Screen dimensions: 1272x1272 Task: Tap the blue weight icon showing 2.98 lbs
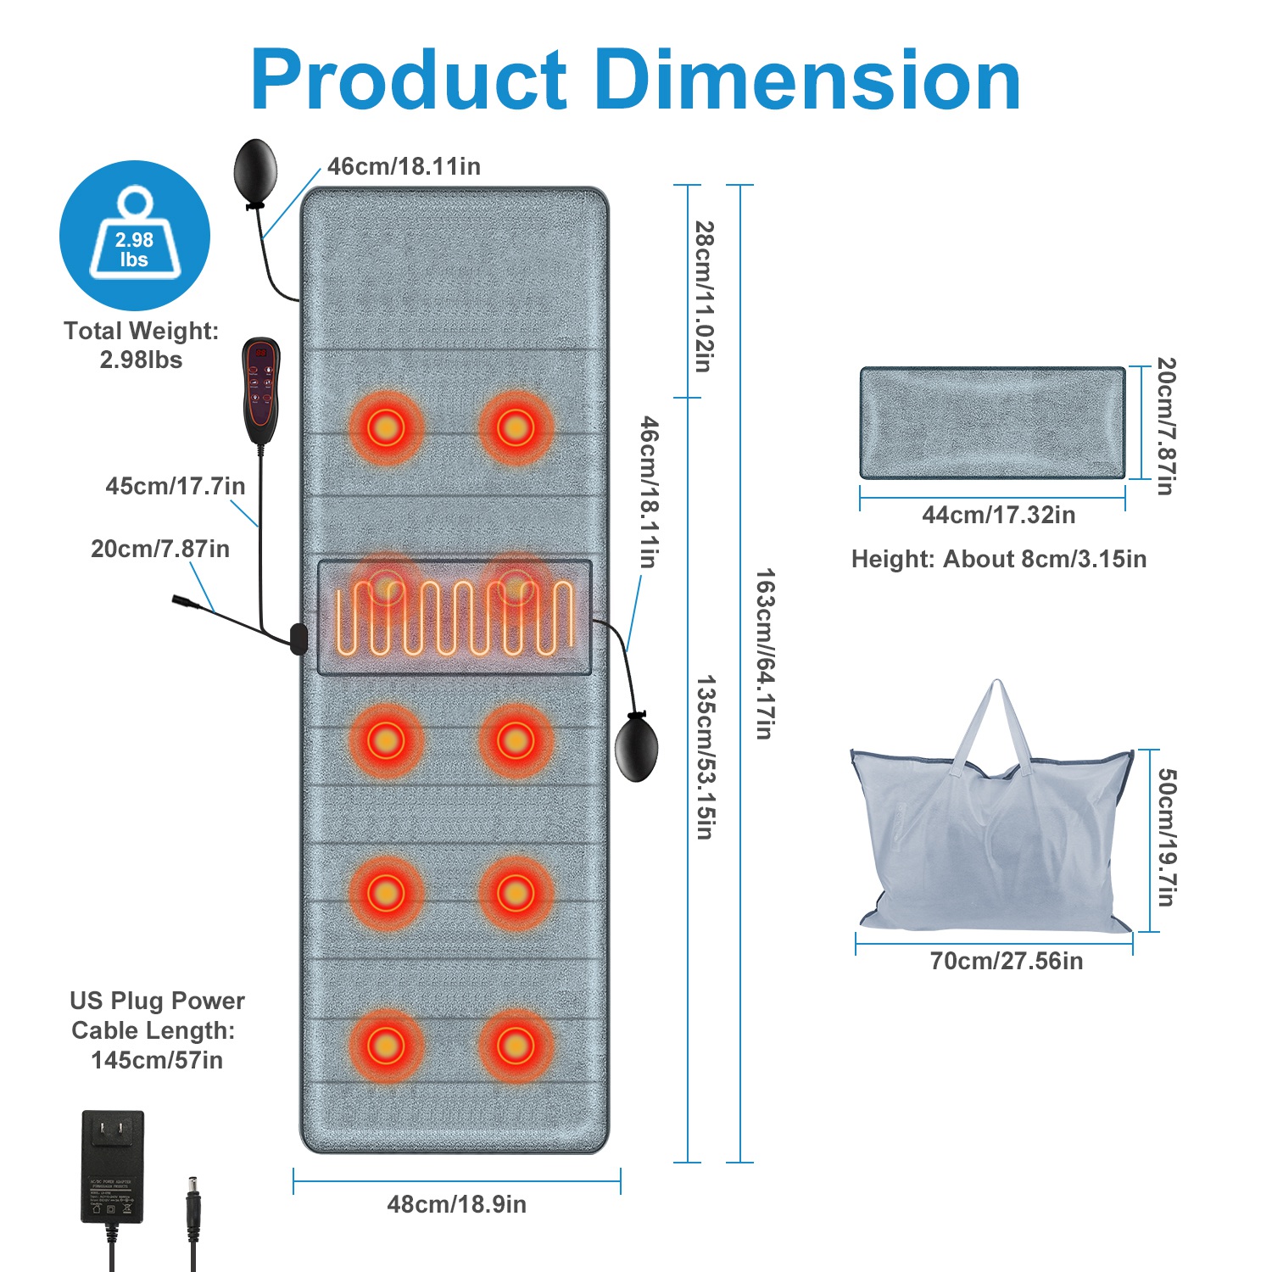point(135,235)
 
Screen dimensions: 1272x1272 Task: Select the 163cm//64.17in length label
point(764,653)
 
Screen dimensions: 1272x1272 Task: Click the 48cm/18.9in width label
point(456,1204)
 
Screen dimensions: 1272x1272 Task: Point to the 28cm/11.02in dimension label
point(704,296)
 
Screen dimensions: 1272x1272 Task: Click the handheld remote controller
point(260,389)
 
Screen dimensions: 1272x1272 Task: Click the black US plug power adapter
point(113,1166)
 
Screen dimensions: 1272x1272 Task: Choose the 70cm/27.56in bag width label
point(1006,961)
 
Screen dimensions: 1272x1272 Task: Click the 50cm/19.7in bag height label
point(1167,837)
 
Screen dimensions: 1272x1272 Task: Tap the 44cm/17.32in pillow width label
point(998,515)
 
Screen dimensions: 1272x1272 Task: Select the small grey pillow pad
point(992,422)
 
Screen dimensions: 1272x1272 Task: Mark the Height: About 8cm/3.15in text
point(998,559)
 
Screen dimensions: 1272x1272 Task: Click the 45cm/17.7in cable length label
point(176,486)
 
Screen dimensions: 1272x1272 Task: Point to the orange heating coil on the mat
point(455,617)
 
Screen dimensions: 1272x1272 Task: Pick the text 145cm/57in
point(157,1060)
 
